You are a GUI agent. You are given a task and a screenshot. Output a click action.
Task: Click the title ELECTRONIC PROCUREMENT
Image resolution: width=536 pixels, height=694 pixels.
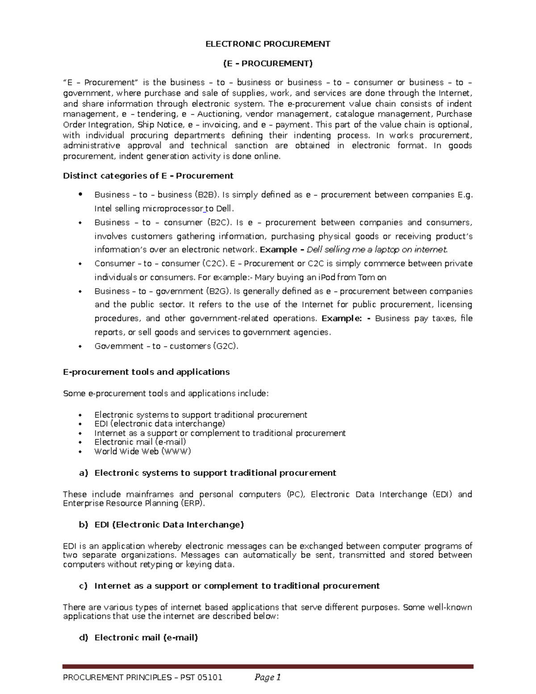coord(268,44)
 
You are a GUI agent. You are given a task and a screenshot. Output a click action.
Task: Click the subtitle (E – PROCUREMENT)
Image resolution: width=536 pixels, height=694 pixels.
coord(268,63)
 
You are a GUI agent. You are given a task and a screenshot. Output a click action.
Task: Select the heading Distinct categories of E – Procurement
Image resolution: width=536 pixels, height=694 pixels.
coord(148,176)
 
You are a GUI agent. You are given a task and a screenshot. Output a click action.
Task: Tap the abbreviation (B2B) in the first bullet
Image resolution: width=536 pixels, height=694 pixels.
coord(207,195)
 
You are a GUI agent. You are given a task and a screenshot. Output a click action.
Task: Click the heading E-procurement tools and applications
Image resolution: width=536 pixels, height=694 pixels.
coord(146,372)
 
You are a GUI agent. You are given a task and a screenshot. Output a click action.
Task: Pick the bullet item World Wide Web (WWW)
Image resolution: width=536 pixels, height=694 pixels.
coord(142,451)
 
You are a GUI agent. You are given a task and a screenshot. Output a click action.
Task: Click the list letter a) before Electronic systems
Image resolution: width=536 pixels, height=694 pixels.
coord(83,473)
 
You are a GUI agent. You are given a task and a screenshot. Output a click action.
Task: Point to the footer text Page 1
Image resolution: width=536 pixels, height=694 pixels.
coord(267,677)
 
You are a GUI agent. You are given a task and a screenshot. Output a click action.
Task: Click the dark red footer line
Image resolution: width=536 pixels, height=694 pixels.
coord(268,666)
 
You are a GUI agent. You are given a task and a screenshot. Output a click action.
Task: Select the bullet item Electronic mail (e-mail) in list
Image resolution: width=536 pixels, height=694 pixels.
coord(140,442)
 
